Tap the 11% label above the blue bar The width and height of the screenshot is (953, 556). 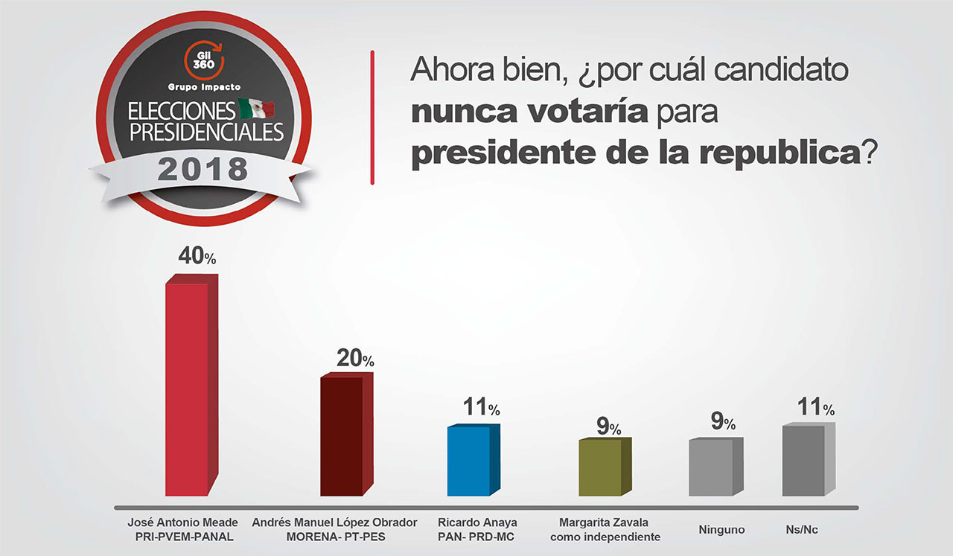click(481, 407)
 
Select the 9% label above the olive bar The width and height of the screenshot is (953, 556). click(608, 426)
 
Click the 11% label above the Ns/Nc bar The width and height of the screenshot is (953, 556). click(816, 407)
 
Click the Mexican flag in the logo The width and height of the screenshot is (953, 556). click(256, 110)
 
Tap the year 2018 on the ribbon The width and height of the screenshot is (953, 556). click(203, 170)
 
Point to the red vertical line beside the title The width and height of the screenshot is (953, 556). click(372, 117)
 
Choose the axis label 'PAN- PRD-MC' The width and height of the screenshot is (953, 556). click(477, 537)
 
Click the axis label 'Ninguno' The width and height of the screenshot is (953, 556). click(721, 530)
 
